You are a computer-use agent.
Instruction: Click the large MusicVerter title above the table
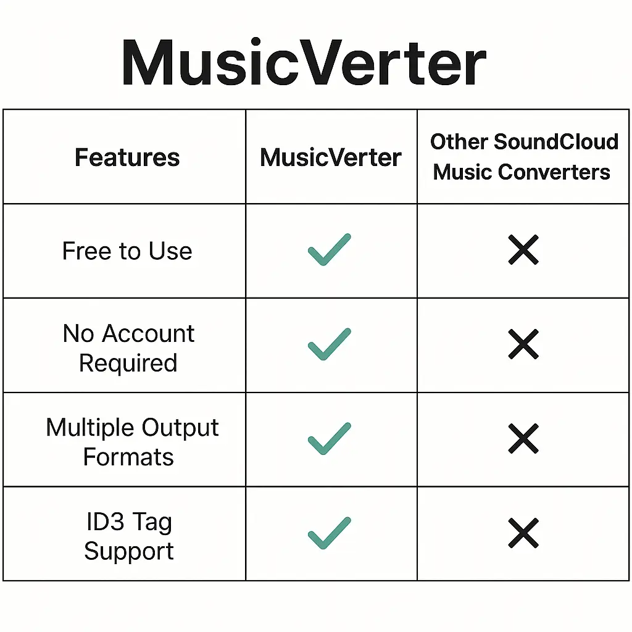pos(304,64)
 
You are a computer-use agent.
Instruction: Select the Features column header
pos(127,157)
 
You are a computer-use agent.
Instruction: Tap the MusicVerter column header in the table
pos(331,157)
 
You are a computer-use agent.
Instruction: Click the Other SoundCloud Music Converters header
pos(523,157)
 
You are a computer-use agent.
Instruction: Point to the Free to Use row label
pos(127,251)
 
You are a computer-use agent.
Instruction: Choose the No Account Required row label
pos(128,348)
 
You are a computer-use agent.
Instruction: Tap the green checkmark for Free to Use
pos(329,250)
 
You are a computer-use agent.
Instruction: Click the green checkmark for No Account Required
pos(329,344)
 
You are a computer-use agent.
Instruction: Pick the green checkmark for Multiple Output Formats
pos(329,438)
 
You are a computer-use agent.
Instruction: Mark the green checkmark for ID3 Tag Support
pos(329,533)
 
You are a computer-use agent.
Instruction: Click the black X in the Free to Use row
pos(523,250)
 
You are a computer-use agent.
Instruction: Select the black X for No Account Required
pos(523,344)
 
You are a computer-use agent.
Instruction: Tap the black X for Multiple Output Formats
pos(523,438)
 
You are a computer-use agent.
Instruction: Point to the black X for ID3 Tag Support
pos(523,533)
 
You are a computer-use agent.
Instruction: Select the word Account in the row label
pos(148,334)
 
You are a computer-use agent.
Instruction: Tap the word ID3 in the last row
pos(103,522)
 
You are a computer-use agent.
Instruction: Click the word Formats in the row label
pos(128,457)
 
